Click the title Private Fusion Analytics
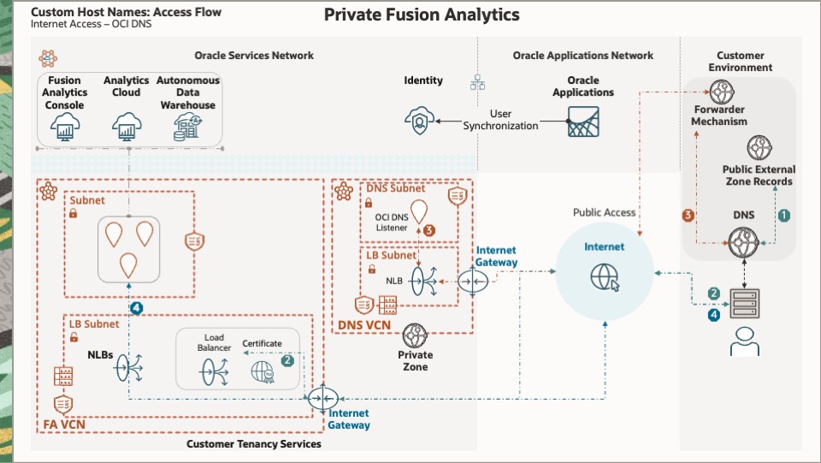tap(421, 15)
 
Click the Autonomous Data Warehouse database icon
tap(187, 128)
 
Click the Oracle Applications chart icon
tap(582, 123)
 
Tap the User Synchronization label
tap(501, 120)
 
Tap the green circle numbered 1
tap(783, 217)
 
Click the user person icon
tap(743, 340)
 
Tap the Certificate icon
tap(262, 372)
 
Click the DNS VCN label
tap(361, 326)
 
